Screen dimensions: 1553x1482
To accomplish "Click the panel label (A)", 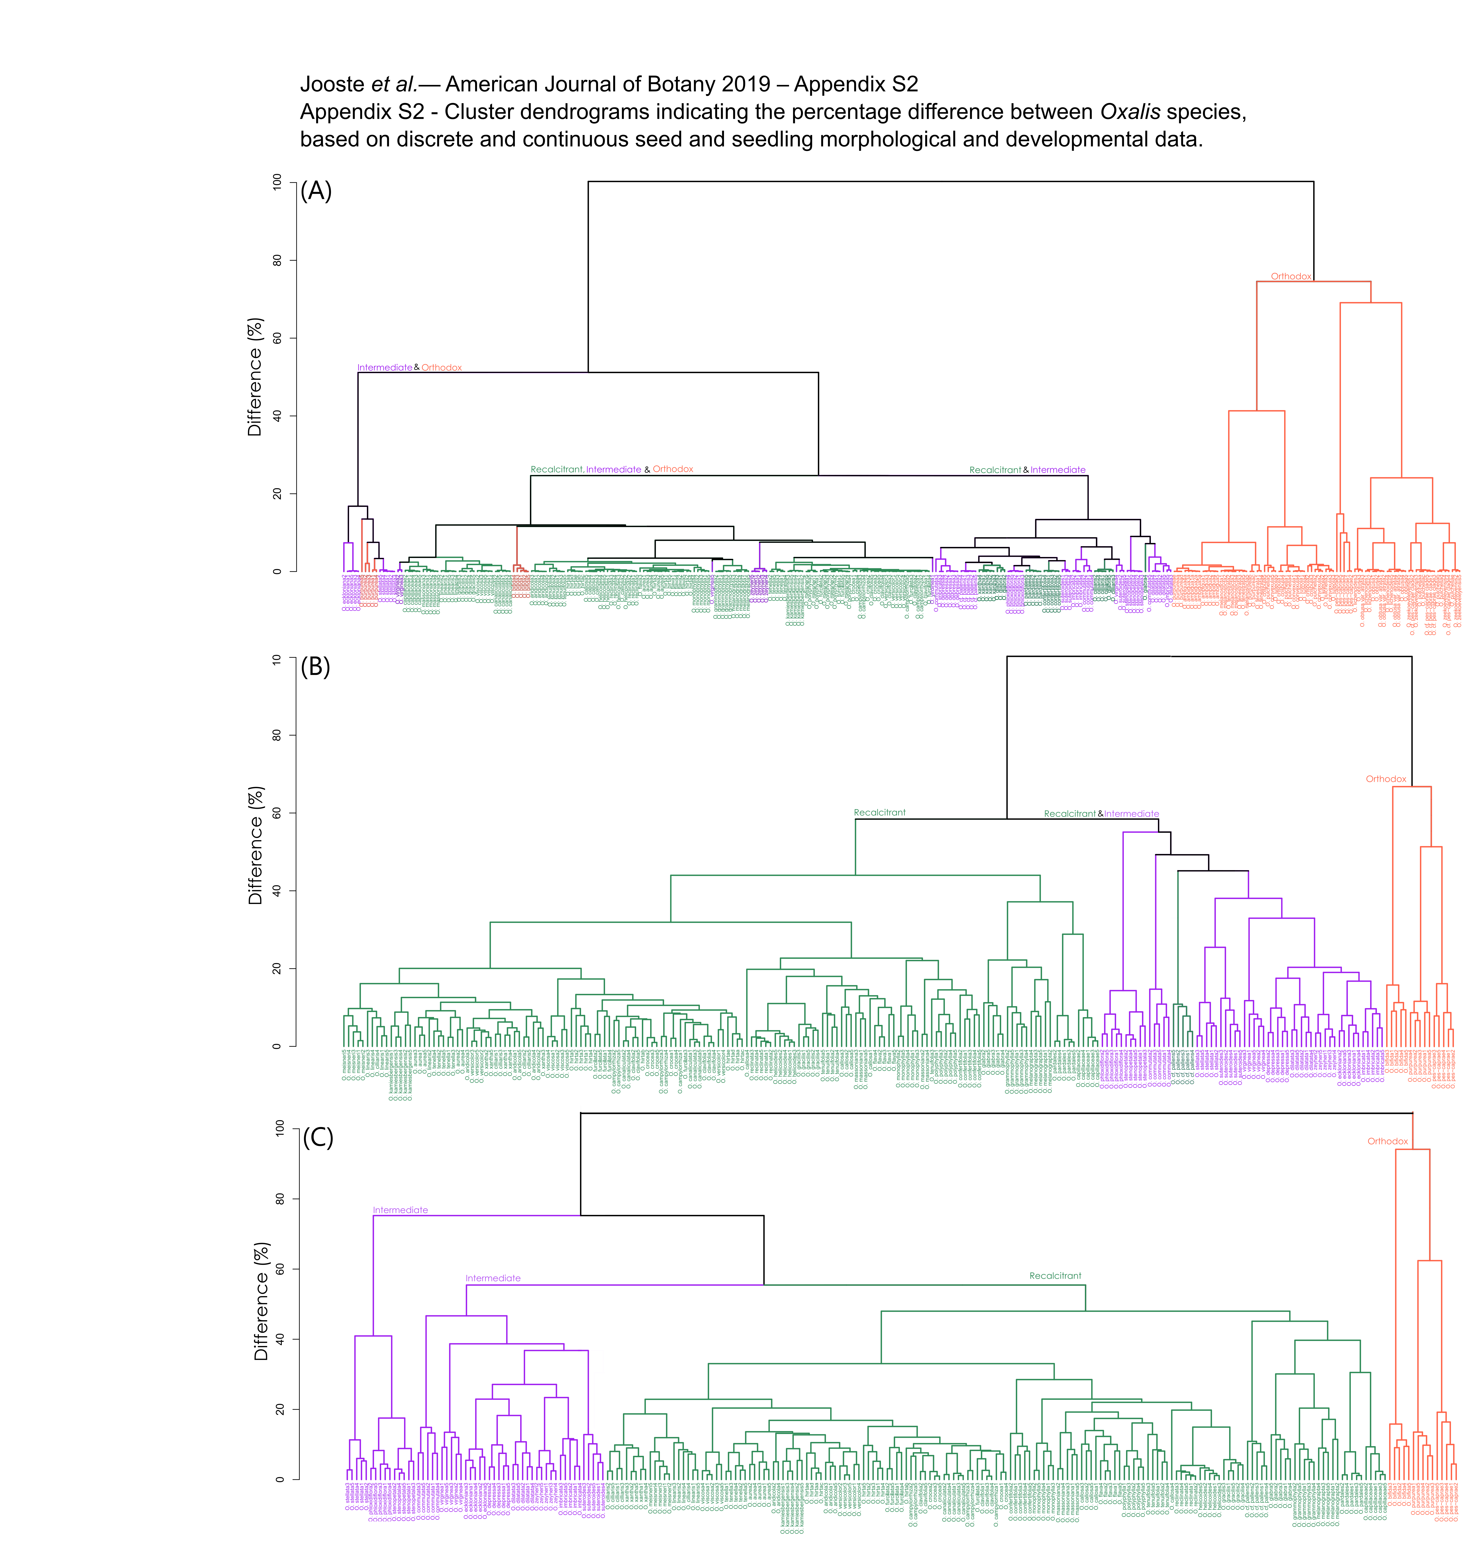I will click(x=316, y=191).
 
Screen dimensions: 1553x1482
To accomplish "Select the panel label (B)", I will click(x=315, y=667).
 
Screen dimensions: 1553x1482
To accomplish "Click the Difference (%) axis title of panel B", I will click(x=255, y=846).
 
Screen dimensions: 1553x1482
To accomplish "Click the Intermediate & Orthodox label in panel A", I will click(x=409, y=368).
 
